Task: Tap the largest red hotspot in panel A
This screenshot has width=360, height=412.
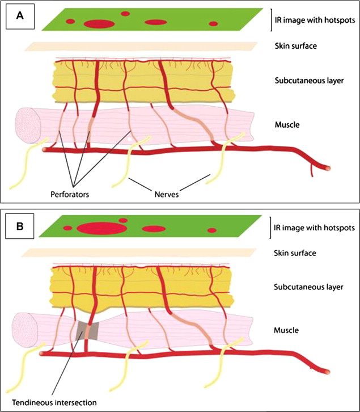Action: (x=99, y=23)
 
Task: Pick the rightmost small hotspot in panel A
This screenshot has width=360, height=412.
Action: (x=213, y=24)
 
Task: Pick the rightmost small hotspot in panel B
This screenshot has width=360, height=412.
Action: (x=212, y=230)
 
